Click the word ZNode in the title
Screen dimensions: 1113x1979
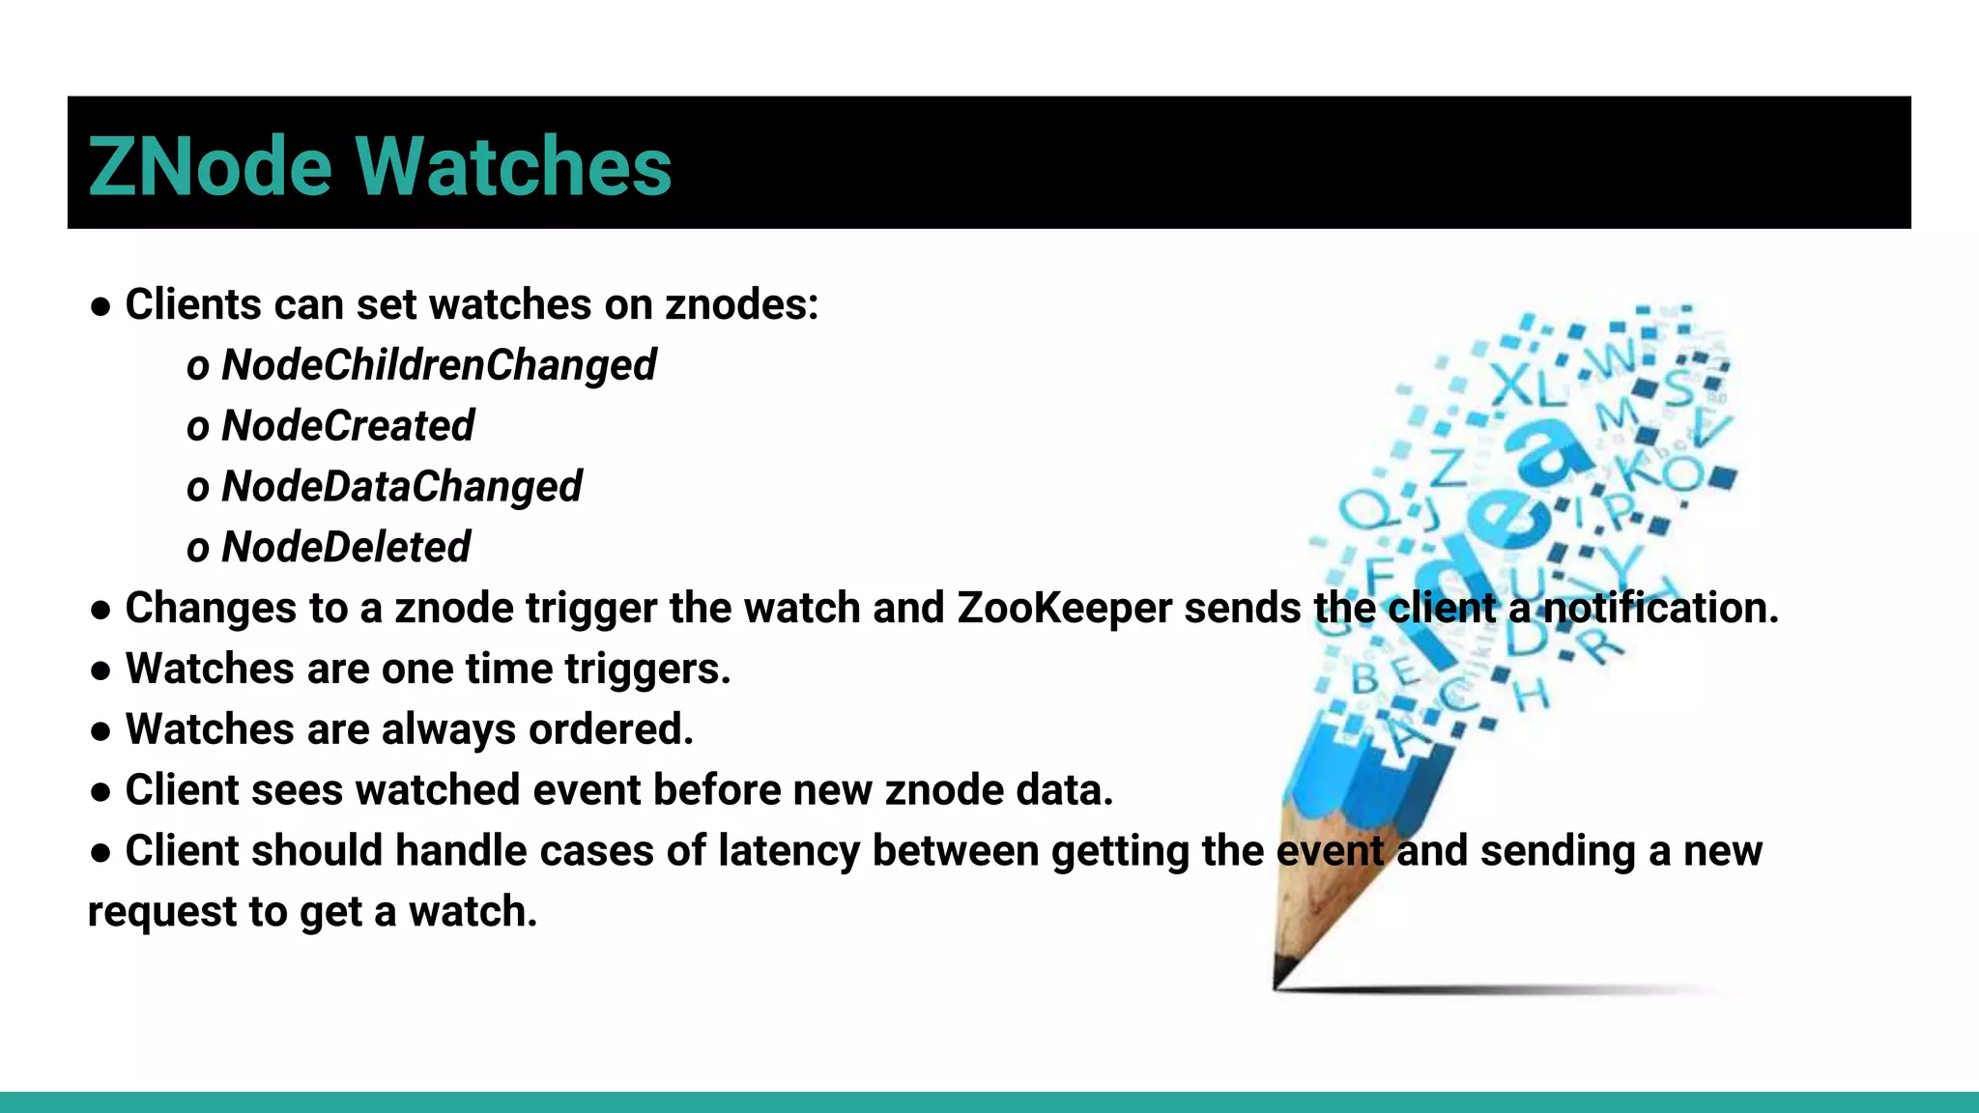[210, 166]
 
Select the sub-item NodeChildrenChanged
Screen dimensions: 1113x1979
[439, 365]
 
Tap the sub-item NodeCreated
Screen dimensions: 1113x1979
[348, 426]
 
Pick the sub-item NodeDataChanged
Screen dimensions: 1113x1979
[401, 487]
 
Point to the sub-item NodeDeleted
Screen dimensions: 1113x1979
[346, 548]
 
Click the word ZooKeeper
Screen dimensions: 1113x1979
[1064, 609]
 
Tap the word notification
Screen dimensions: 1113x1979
[1659, 609]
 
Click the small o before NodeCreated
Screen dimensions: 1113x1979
[198, 428]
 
